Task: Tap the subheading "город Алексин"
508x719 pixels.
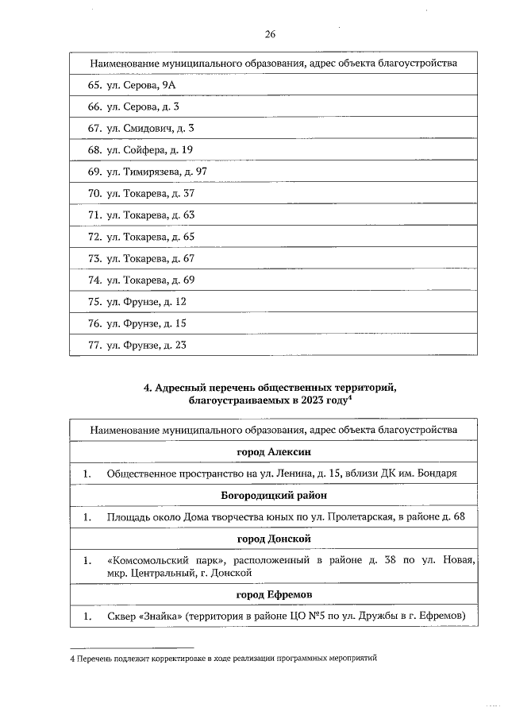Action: pyautogui.click(x=273, y=451)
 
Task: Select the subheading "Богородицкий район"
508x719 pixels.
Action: pyautogui.click(x=273, y=495)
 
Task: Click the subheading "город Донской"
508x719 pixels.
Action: pyautogui.click(x=273, y=539)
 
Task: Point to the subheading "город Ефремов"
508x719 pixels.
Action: pyautogui.click(x=273, y=594)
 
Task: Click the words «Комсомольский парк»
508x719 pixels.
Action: pyautogui.click(x=155, y=561)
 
